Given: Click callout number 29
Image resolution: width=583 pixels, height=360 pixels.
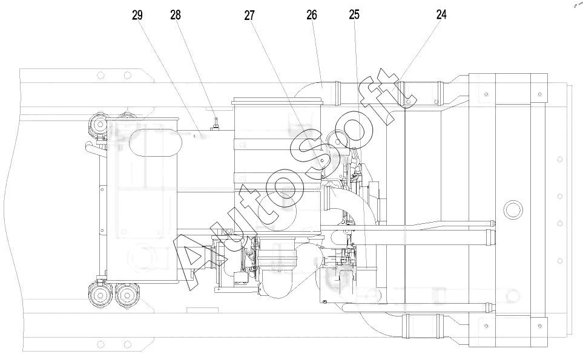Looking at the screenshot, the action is pos(137,15).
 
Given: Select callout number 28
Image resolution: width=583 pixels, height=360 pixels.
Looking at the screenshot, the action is pos(176,15).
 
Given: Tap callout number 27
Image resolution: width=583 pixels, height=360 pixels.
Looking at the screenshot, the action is pos(249,15).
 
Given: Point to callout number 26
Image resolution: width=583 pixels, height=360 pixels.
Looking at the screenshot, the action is pos(312,15).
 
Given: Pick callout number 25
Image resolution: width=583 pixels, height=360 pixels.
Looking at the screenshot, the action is pos(354,15).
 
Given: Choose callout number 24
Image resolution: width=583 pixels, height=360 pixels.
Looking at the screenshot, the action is pos(441,15).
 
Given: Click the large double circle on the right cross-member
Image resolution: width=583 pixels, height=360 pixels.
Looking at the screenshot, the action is pos(513,210).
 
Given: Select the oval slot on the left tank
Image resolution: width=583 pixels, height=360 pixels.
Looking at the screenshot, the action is pos(156,143).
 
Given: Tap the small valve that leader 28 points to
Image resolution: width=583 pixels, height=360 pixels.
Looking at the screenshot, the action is pos(216,125).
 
